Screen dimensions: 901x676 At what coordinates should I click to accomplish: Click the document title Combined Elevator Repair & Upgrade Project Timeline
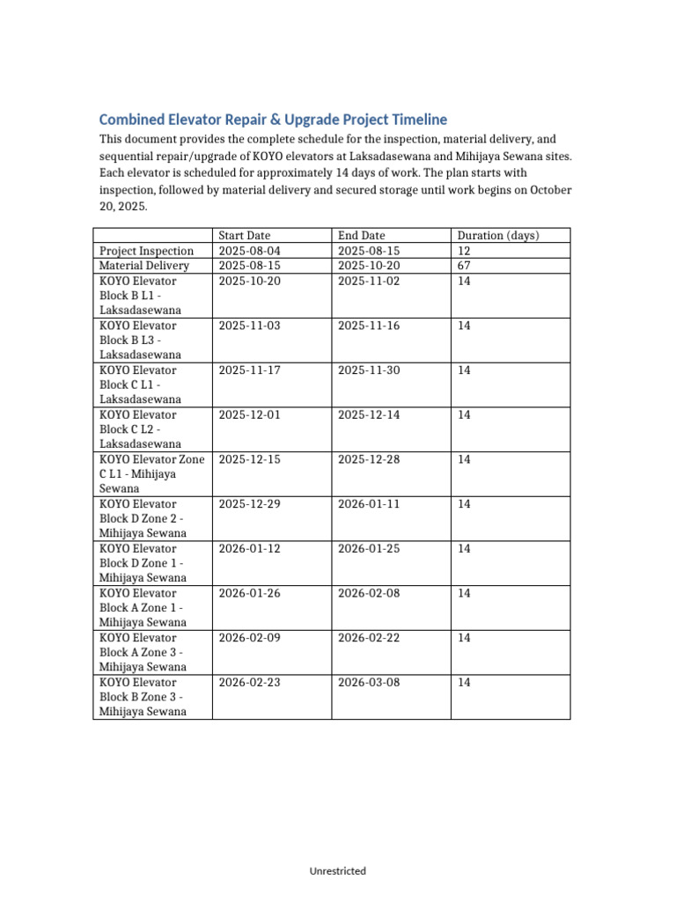(x=273, y=120)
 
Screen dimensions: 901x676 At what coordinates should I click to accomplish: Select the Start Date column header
(x=245, y=236)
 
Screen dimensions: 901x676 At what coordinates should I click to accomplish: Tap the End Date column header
(x=362, y=236)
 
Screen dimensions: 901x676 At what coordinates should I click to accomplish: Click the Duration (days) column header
(x=498, y=236)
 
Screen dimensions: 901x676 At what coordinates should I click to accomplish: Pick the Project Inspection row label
(x=146, y=251)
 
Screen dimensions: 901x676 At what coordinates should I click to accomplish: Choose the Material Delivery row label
(x=143, y=266)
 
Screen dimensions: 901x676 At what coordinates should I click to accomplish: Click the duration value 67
(x=465, y=266)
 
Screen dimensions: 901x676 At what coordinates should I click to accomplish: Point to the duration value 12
(x=465, y=251)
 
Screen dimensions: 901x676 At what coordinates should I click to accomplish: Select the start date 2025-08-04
(x=249, y=251)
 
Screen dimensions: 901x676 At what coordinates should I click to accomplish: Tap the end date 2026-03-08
(x=369, y=682)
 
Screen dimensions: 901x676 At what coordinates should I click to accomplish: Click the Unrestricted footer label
(x=338, y=871)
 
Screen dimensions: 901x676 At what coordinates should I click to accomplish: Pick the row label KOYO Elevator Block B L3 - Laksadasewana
(x=140, y=340)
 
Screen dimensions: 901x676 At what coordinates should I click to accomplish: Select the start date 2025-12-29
(x=249, y=504)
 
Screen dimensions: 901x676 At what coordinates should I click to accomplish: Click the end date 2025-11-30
(x=369, y=370)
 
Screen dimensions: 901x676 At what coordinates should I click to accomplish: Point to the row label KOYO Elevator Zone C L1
(x=151, y=473)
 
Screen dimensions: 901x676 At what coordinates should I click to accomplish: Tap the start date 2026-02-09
(x=249, y=638)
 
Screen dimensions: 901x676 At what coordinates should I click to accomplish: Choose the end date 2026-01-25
(x=369, y=549)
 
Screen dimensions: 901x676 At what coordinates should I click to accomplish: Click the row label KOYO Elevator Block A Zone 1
(x=142, y=607)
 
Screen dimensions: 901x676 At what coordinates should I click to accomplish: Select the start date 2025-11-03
(x=249, y=326)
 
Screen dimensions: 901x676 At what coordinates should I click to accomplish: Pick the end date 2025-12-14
(x=369, y=414)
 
